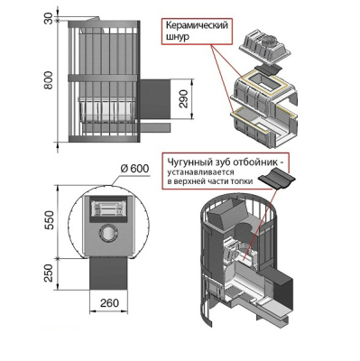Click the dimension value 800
pyautogui.click(x=50, y=80)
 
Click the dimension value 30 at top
pyautogui.click(x=50, y=18)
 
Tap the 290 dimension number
pyautogui.click(x=183, y=98)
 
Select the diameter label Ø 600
pyautogui.click(x=134, y=169)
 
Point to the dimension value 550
pyautogui.click(x=50, y=220)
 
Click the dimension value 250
pyautogui.click(x=50, y=273)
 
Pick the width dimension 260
pyautogui.click(x=109, y=303)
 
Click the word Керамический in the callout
pyautogui.click(x=197, y=25)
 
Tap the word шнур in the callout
pyautogui.click(x=178, y=37)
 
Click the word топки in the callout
pyautogui.click(x=243, y=181)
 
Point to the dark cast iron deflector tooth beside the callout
pyautogui.click(x=276, y=179)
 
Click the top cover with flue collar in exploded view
pyautogui.click(x=264, y=48)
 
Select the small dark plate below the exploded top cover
pyautogui.click(x=268, y=69)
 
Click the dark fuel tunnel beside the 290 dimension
pyautogui.click(x=154, y=98)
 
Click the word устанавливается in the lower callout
pyautogui.click(x=200, y=172)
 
